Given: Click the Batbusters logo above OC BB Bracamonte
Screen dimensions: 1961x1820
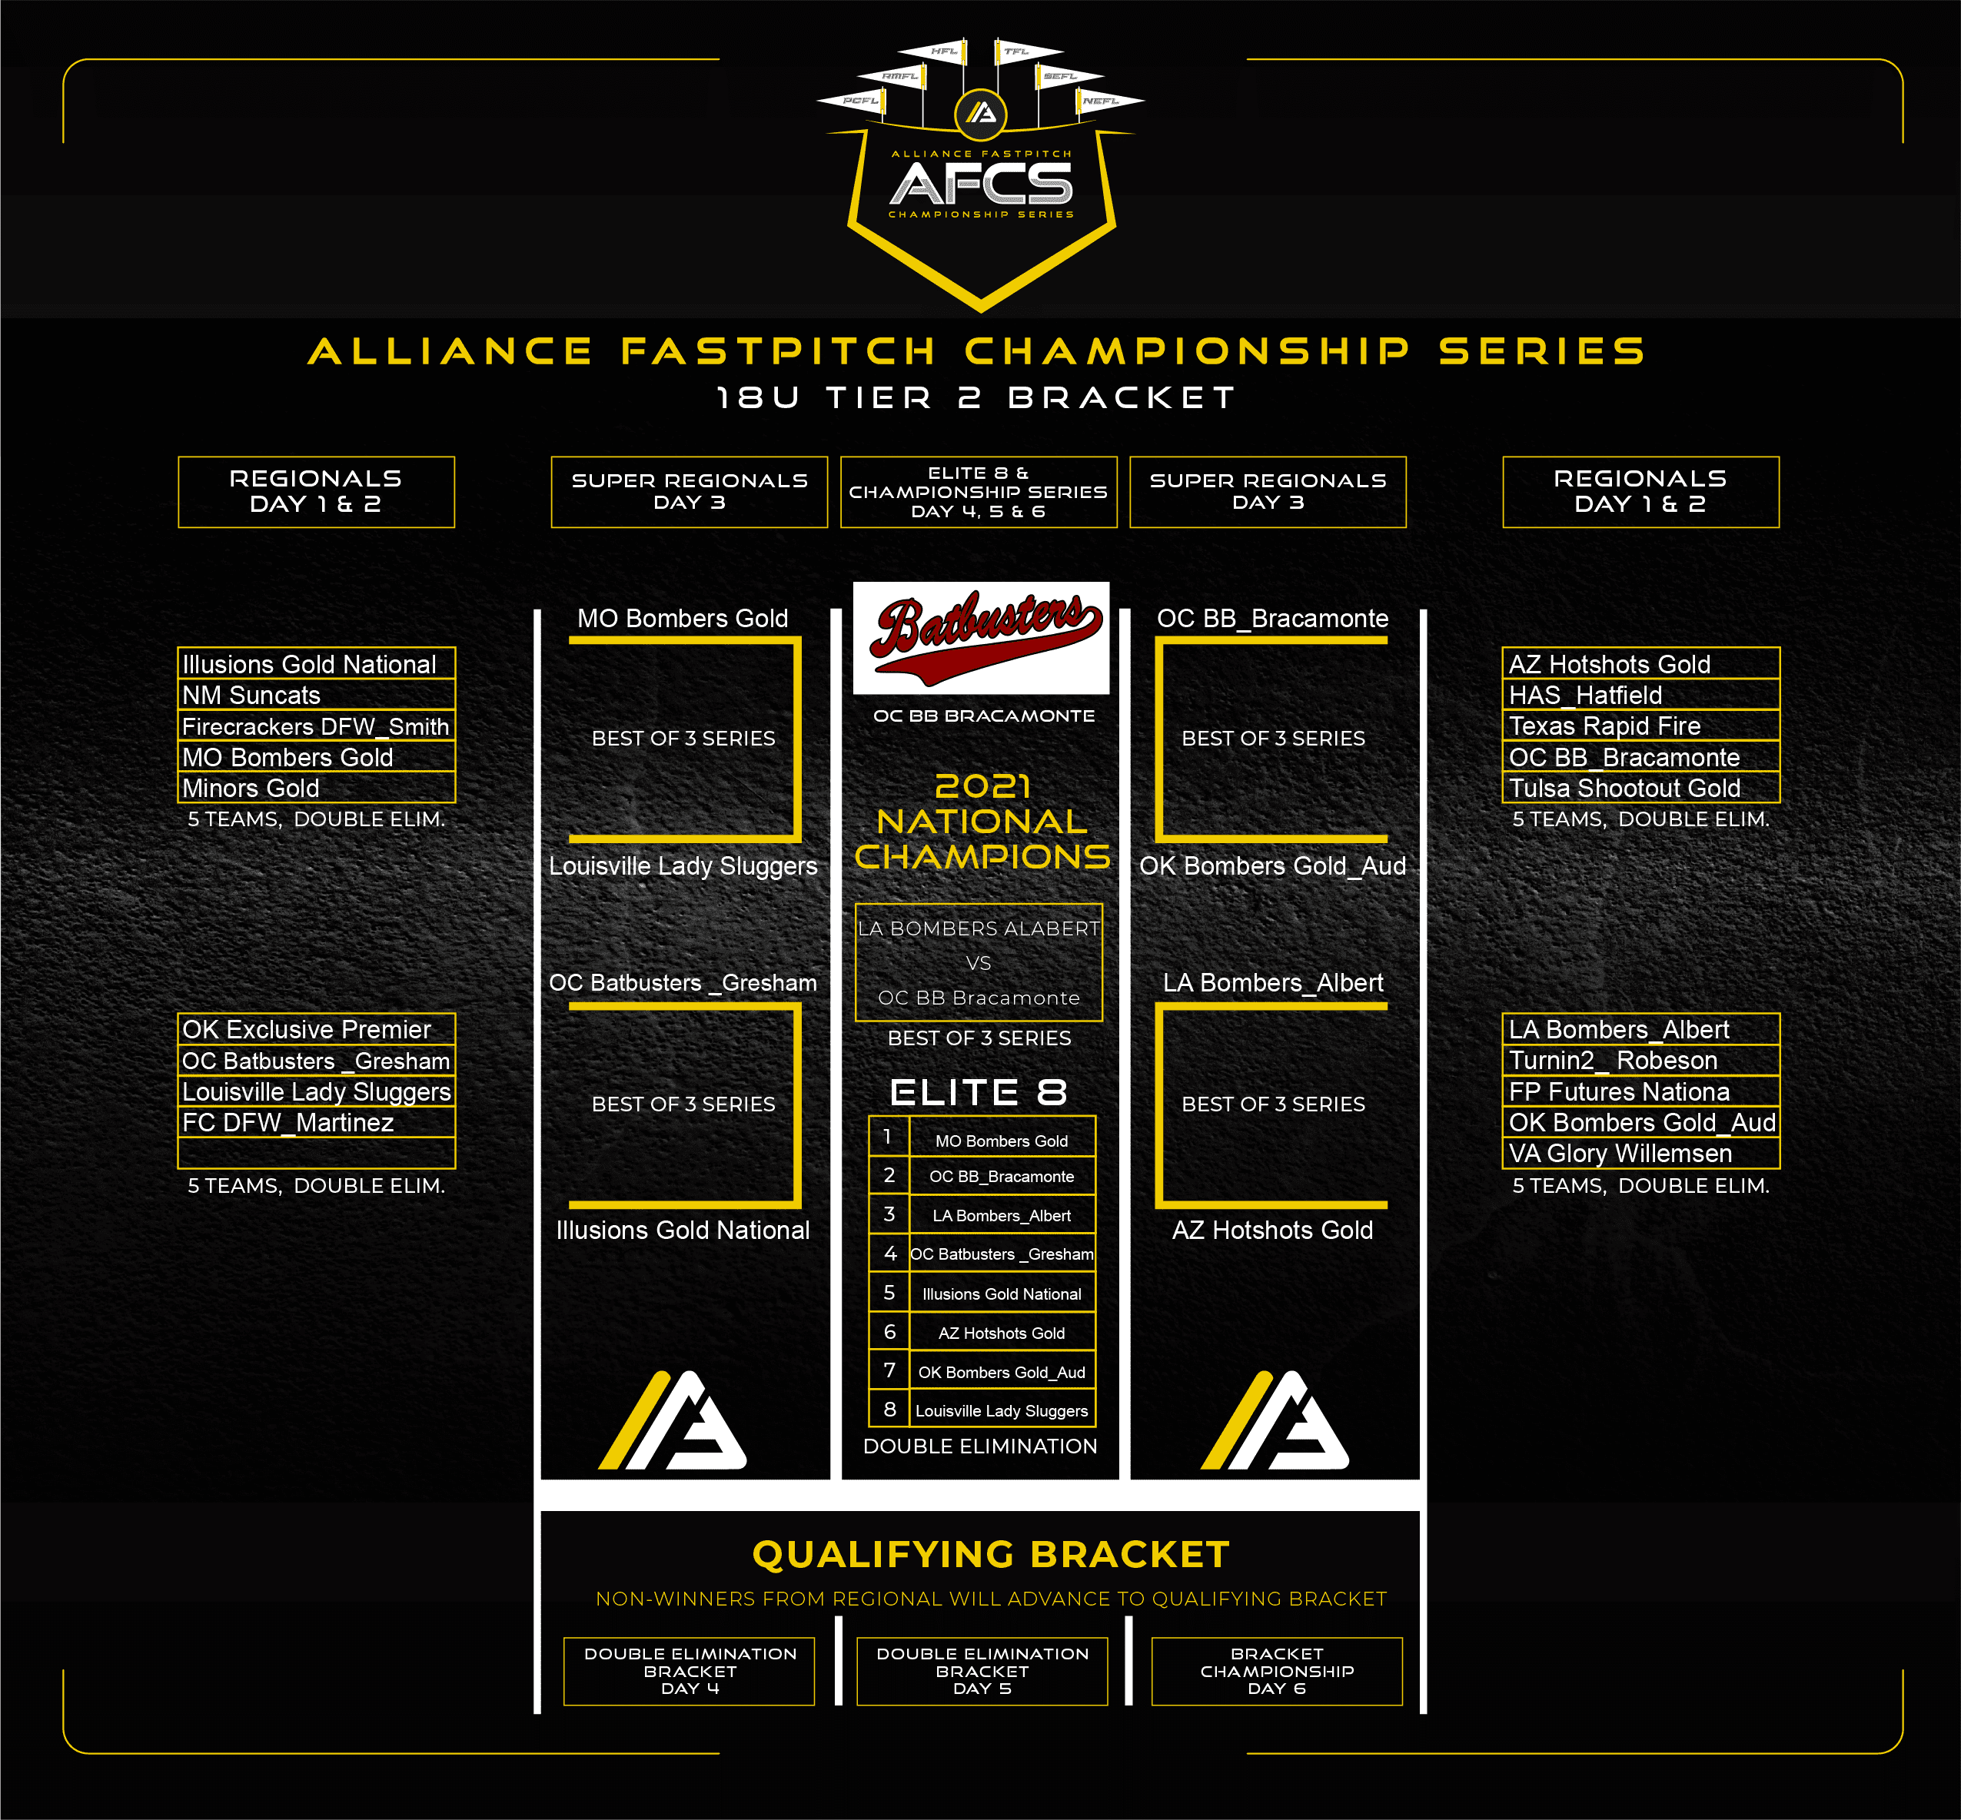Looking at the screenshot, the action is [981, 637].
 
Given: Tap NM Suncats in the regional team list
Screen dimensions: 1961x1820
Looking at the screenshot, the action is [251, 696].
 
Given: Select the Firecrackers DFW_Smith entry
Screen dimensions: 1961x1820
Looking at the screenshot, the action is [315, 727].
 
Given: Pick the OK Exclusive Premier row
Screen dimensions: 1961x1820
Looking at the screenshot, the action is [306, 1029].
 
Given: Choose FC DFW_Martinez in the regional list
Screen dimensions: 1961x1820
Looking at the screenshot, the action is [288, 1123].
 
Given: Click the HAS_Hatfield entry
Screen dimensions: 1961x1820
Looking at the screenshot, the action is [1586, 696].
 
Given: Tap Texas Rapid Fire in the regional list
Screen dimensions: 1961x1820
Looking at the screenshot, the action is [1604, 726].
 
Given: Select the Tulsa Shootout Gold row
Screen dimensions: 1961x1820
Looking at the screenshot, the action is [1624, 788].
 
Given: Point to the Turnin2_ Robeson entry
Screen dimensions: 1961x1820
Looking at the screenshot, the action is [1614, 1061].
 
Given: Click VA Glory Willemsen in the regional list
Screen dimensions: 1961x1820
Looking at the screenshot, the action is [1620, 1154].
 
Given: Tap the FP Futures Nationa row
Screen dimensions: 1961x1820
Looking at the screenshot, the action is [1619, 1092].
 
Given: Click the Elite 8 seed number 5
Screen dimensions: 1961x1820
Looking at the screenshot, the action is [889, 1293].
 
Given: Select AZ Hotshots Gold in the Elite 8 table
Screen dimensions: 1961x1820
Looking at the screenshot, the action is [1002, 1333].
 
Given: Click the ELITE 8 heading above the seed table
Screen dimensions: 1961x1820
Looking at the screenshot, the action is [979, 1092].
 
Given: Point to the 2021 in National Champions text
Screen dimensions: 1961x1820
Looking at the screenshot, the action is [982, 786].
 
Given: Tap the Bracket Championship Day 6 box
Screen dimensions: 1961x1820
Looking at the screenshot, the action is [1277, 1672].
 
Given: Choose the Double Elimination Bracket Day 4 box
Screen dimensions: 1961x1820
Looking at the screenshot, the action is [690, 1672].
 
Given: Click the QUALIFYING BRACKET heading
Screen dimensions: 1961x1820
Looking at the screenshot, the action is [991, 1555].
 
